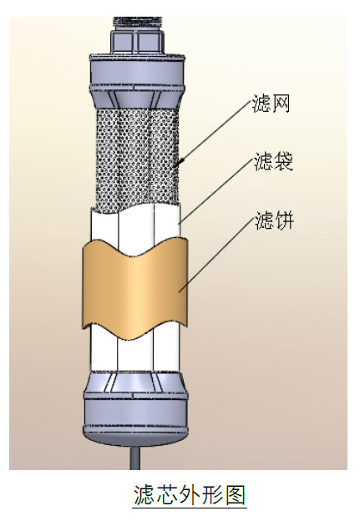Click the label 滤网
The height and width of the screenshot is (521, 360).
[271, 104]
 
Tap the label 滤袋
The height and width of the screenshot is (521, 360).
[273, 161]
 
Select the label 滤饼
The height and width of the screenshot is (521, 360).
[274, 220]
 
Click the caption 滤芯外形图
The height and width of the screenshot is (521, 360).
[190, 495]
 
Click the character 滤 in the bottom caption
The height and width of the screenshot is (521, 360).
[145, 495]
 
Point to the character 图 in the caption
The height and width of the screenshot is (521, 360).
[235, 495]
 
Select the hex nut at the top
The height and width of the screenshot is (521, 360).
[137, 41]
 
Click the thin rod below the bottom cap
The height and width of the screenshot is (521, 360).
[134, 458]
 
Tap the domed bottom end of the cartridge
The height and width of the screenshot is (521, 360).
[135, 436]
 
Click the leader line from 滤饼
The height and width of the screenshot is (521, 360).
[216, 255]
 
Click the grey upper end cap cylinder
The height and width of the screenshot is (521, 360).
[137, 72]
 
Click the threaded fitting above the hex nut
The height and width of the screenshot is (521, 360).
[137, 23]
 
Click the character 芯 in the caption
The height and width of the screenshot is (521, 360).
[167, 495]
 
